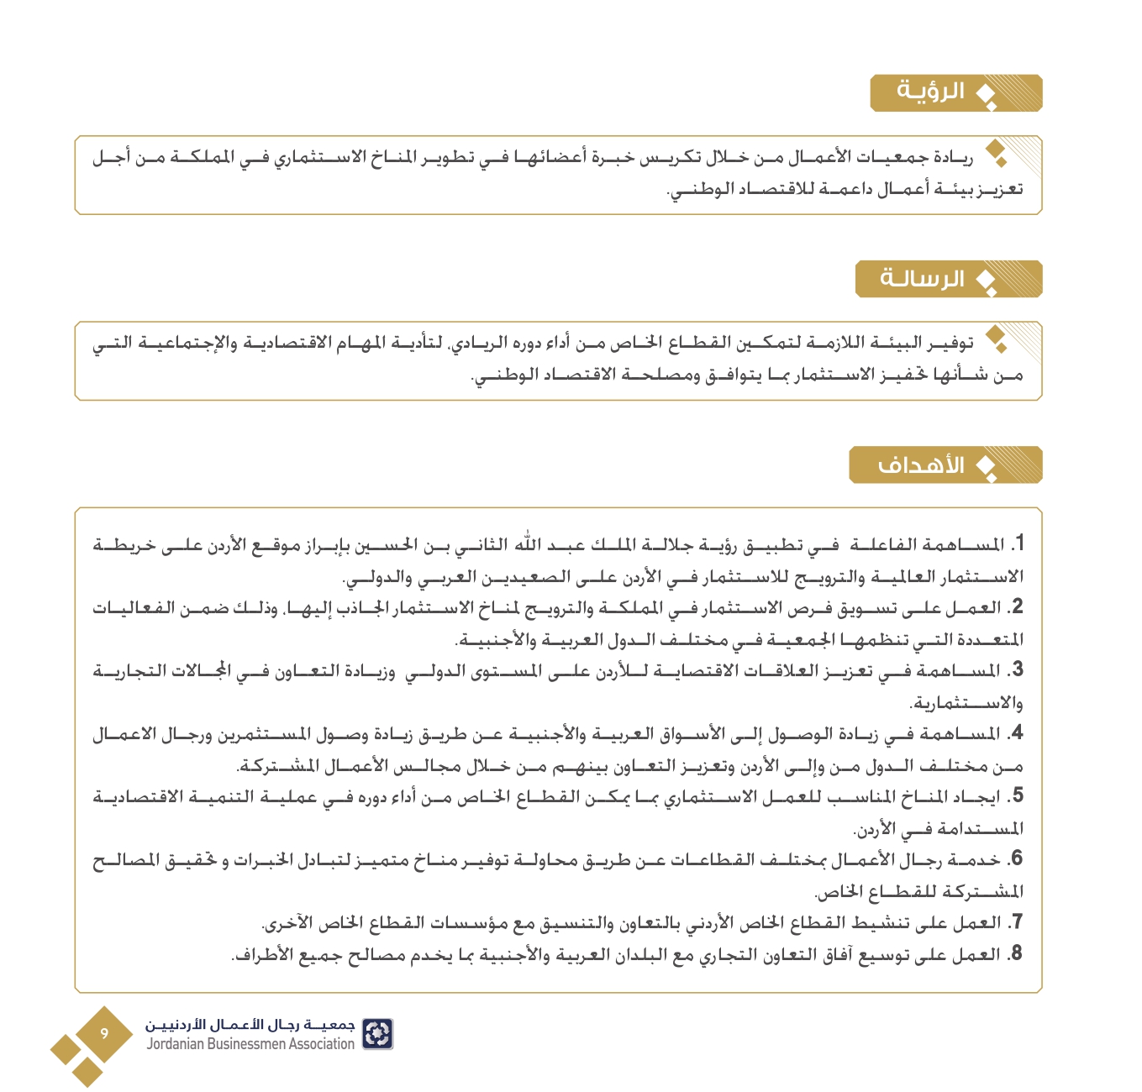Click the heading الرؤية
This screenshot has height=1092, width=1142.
931,91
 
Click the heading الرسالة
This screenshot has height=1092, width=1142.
923,278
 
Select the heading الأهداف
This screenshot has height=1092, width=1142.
920,465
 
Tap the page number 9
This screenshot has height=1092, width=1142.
104,1033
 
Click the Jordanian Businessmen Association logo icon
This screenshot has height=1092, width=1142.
377,1034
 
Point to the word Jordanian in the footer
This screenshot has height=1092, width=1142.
176,1044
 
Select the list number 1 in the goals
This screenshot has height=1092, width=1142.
1018,544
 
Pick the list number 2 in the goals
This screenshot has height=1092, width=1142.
1017,607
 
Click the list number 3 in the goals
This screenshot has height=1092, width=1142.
1017,670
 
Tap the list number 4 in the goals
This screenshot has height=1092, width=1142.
1017,733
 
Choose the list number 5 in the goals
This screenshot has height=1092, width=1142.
1017,796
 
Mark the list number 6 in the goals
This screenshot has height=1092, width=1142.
1017,859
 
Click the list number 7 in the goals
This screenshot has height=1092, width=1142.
1017,922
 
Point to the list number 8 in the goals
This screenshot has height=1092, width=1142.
1017,954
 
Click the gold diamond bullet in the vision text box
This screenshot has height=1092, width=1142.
997,152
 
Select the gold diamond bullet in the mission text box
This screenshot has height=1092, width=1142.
997,339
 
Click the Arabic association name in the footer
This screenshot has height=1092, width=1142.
250,1025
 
